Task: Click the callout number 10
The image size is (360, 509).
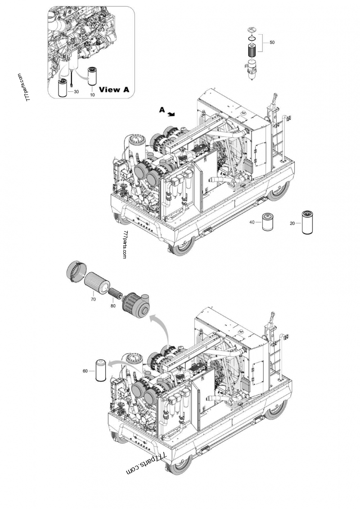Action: (x=92, y=95)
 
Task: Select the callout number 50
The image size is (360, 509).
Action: (x=272, y=42)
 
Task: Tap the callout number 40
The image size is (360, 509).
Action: (x=252, y=222)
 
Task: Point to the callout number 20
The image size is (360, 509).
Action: (x=292, y=223)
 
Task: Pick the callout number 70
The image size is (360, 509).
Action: (x=93, y=298)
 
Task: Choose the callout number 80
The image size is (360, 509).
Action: (x=112, y=306)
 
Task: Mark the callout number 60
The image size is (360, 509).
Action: (x=85, y=371)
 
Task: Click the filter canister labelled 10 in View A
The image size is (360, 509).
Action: (x=92, y=77)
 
